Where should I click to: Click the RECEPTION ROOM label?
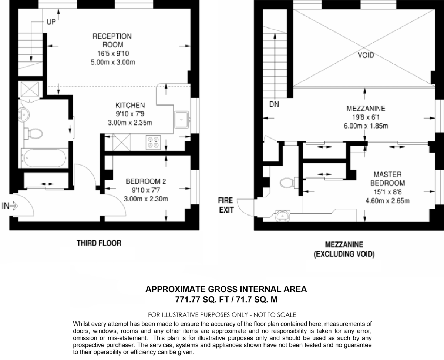112,40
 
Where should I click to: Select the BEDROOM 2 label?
146,182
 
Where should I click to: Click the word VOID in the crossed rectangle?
366,56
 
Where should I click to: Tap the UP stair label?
51,23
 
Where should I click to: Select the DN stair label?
274,104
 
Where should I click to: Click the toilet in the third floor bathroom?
33,133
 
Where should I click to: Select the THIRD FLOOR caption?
99,243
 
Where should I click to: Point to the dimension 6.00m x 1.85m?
366,126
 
